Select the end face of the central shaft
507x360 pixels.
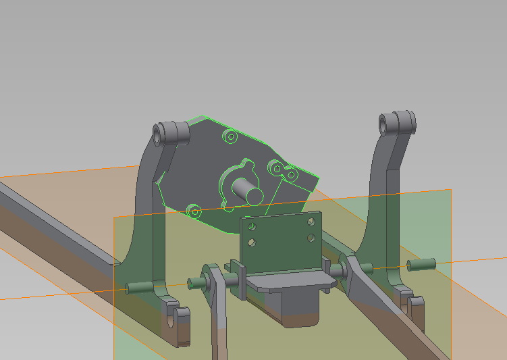coord(254,195)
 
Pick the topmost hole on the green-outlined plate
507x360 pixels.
coord(230,138)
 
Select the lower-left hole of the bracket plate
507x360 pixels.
coord(251,241)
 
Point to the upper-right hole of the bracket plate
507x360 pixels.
coord(311,221)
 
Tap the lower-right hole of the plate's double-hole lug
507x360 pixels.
coord(292,175)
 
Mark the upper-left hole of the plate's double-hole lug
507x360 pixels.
coord(275,167)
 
